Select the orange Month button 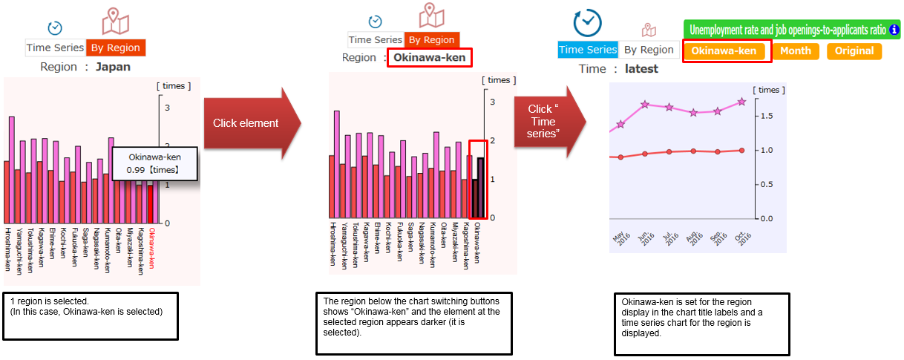[796, 51]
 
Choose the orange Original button [854, 51]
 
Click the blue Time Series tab [587, 50]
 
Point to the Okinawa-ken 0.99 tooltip [155, 163]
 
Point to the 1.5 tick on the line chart [768, 116]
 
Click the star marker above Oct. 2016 [741, 102]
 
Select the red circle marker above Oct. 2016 [741, 151]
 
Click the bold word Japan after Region [113, 67]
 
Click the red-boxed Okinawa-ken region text [430, 58]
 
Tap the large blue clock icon [588, 23]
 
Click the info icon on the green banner [894, 30]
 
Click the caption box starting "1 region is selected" [91, 315]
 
